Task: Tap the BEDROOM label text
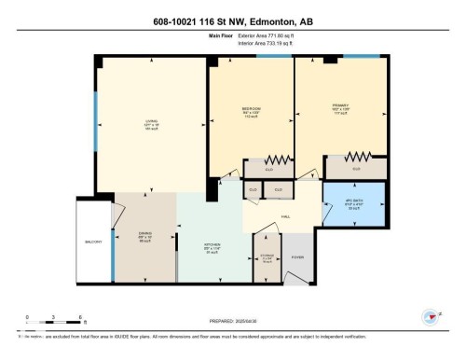point(250,111)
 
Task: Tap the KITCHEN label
point(212,248)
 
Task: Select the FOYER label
point(297,256)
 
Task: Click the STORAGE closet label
point(267,258)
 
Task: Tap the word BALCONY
point(93,242)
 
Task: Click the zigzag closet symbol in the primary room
point(364,156)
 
